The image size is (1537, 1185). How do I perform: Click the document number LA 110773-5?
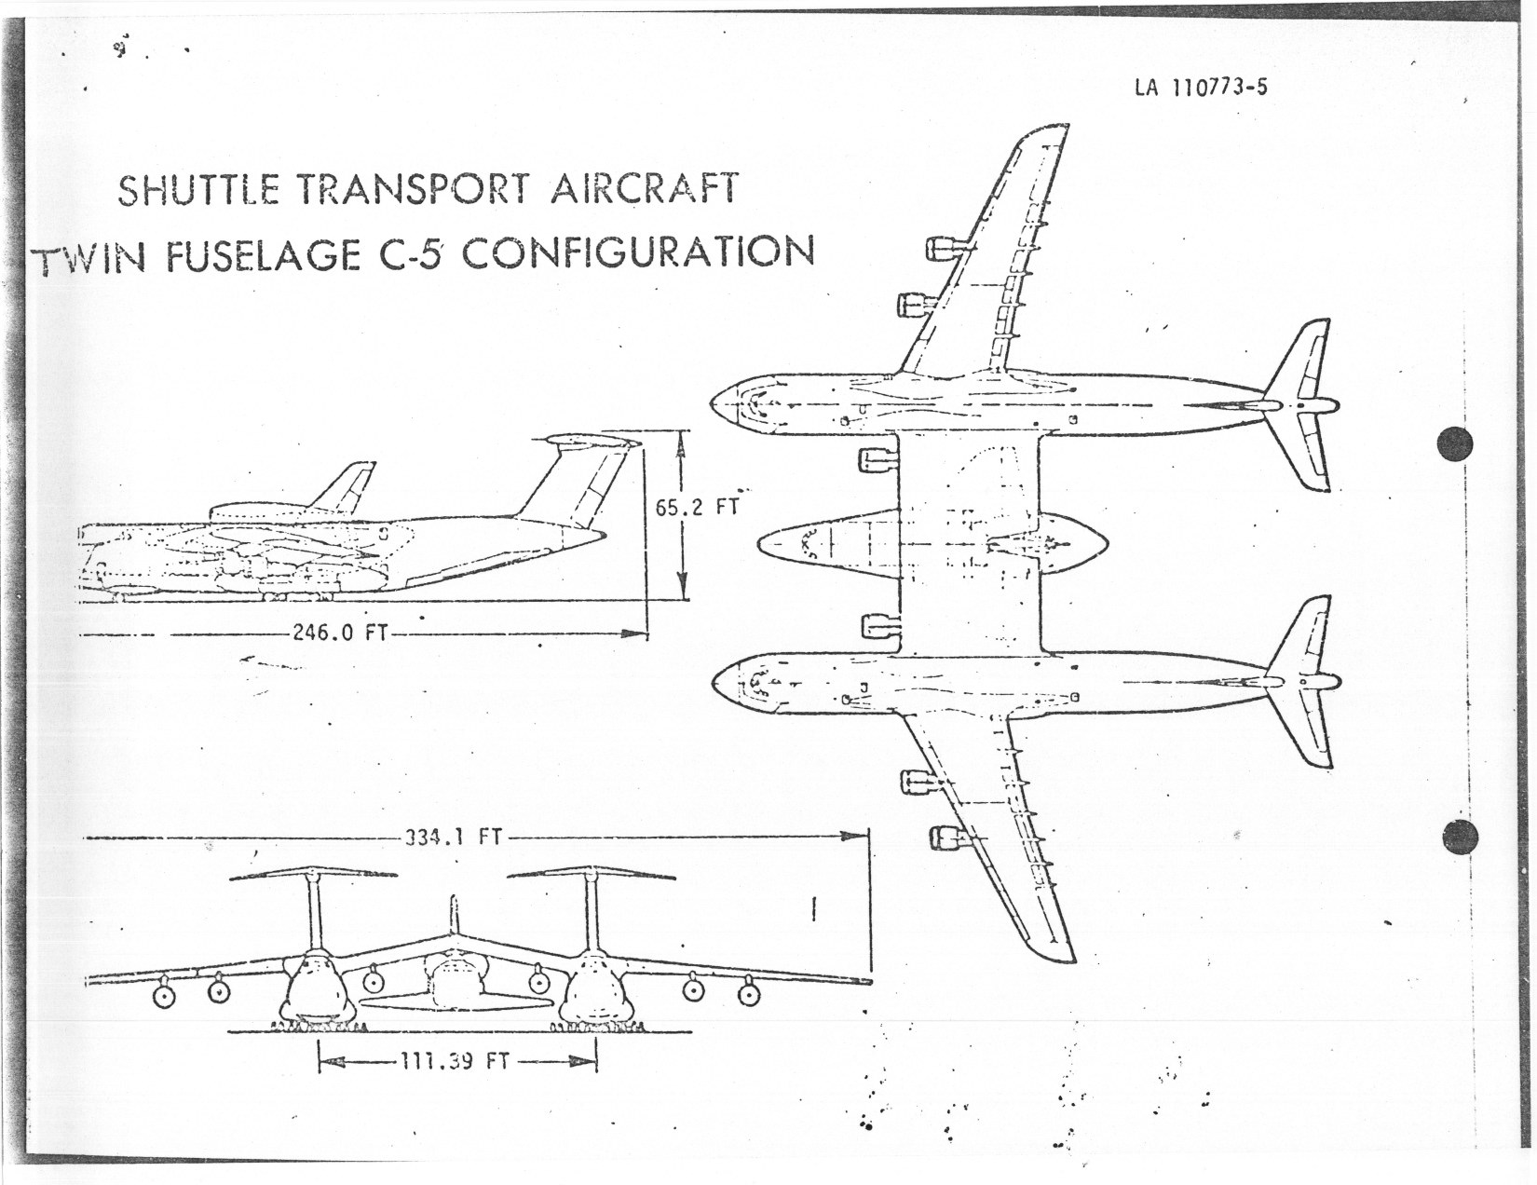(x=1202, y=88)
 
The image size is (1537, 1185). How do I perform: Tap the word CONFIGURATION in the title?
(x=638, y=252)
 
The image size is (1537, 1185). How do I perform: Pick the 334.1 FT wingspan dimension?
(x=453, y=837)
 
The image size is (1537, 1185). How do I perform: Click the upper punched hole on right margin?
(x=1456, y=444)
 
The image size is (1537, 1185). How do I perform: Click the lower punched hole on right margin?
(x=1458, y=837)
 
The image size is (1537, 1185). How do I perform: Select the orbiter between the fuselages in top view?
(x=932, y=543)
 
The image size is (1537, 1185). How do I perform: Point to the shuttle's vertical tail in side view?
(x=347, y=486)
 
